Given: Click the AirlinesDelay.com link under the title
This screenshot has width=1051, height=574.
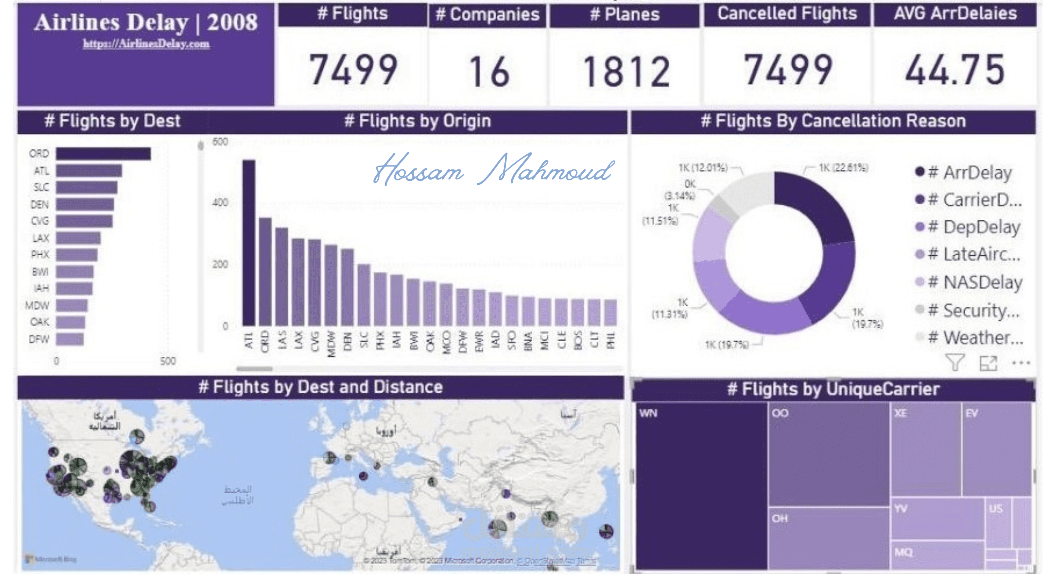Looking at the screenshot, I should click(x=146, y=44).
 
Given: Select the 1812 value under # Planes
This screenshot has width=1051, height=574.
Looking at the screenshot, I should click(x=626, y=71).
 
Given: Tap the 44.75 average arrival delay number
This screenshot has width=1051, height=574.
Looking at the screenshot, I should click(x=955, y=70).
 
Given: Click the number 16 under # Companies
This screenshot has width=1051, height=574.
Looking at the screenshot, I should click(x=489, y=71).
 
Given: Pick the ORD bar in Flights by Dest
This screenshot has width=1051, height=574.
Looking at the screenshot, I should click(x=103, y=154).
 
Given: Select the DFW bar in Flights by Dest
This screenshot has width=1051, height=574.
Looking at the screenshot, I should click(x=69, y=339).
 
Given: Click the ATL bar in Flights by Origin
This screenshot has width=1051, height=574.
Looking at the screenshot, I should click(x=249, y=243).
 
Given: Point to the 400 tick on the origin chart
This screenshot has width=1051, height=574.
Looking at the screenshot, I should click(x=220, y=202).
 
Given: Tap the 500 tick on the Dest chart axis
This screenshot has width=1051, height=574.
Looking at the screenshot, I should click(x=168, y=361).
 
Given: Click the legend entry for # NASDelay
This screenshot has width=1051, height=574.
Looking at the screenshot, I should click(x=975, y=282).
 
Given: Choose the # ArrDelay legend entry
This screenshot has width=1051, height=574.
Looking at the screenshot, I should click(x=970, y=172).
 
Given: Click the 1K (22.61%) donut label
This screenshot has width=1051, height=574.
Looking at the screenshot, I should click(x=843, y=168).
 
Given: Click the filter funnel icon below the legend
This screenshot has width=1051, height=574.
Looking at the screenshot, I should click(x=955, y=362).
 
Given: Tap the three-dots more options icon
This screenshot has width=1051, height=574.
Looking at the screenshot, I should click(x=1021, y=363).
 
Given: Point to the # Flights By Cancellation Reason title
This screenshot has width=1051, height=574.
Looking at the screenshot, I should click(x=833, y=121).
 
